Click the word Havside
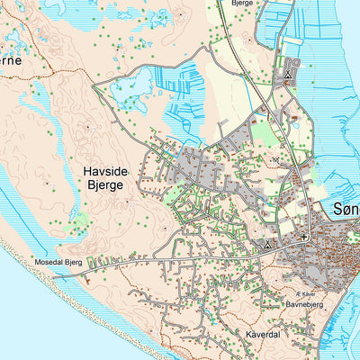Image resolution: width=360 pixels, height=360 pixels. coord(109,168)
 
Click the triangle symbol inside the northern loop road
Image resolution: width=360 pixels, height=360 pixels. coord(287,76)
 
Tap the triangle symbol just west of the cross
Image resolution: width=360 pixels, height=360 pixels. coord(267,244)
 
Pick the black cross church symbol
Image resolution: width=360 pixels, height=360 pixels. coord(304,237)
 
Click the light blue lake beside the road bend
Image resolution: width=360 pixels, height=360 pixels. coord(134,89)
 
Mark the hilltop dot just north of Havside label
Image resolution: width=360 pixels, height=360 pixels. coord(87,129)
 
